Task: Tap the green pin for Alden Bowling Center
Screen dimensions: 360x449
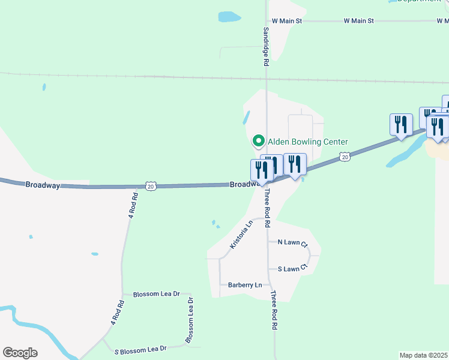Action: coord(259,142)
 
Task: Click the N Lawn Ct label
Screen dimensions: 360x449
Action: coord(292,243)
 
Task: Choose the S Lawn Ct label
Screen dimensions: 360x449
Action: coord(292,269)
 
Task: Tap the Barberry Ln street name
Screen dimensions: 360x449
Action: coord(245,285)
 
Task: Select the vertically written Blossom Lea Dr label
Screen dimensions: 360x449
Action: coord(190,320)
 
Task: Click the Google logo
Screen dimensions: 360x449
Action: coord(20,353)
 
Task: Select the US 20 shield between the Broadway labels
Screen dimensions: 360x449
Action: coord(151,187)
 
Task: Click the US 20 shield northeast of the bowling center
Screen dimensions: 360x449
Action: coord(344,157)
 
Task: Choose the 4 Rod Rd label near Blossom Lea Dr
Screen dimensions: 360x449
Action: coord(116,313)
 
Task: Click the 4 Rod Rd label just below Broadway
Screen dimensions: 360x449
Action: coord(133,204)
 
